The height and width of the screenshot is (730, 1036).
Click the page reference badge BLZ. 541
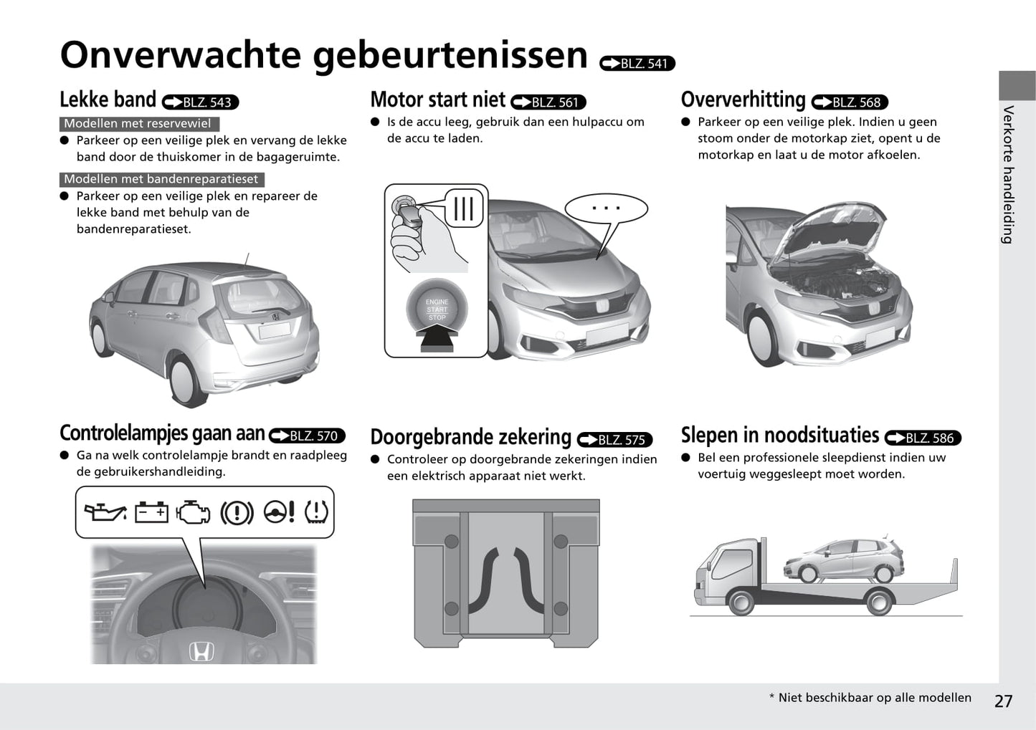click(637, 64)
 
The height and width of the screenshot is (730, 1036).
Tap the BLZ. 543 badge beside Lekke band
click(200, 102)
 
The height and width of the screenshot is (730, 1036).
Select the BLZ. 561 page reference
click(548, 102)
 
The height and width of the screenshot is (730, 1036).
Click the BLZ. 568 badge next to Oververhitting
click(850, 102)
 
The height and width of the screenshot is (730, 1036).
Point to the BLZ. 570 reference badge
click(307, 436)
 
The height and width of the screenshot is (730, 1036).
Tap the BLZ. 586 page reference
click(923, 438)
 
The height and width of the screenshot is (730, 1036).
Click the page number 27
click(1003, 701)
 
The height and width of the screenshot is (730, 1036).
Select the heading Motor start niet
click(437, 100)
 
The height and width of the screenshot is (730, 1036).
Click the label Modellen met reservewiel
click(138, 123)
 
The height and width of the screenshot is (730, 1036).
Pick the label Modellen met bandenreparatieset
click(161, 179)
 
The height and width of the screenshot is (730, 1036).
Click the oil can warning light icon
click(105, 512)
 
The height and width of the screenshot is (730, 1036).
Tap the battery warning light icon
click(151, 512)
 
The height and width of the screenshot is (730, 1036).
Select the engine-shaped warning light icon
click(193, 512)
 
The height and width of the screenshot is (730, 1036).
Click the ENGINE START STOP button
click(437, 310)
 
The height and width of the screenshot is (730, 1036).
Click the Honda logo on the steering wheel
click(201, 652)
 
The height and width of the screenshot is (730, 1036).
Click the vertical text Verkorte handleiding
click(1008, 175)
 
